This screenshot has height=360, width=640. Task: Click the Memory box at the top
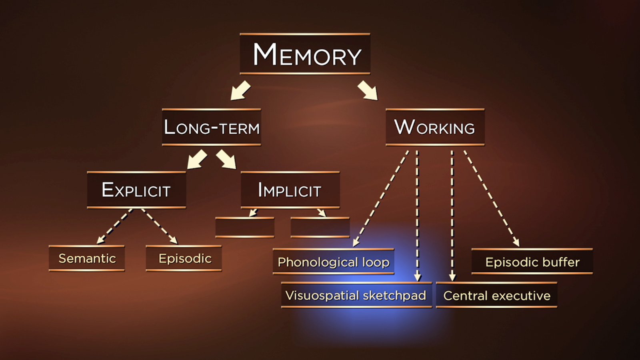click(x=305, y=54)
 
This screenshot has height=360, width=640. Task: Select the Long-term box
click(x=212, y=127)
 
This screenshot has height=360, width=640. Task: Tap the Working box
click(x=435, y=127)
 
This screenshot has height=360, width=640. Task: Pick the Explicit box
click(x=136, y=190)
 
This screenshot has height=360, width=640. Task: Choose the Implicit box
click(x=290, y=190)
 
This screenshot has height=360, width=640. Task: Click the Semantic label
click(x=87, y=258)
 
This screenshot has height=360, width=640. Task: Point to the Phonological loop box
click(x=333, y=262)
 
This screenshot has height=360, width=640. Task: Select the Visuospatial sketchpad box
click(x=356, y=295)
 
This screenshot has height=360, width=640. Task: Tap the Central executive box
click(x=496, y=295)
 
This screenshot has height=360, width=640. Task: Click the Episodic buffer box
click(x=532, y=262)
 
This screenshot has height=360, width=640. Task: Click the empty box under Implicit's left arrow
click(x=245, y=227)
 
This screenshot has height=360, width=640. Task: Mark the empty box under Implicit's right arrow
click(x=320, y=227)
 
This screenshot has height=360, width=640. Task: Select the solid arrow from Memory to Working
click(x=368, y=90)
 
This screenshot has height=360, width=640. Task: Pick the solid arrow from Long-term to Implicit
click(x=226, y=159)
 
